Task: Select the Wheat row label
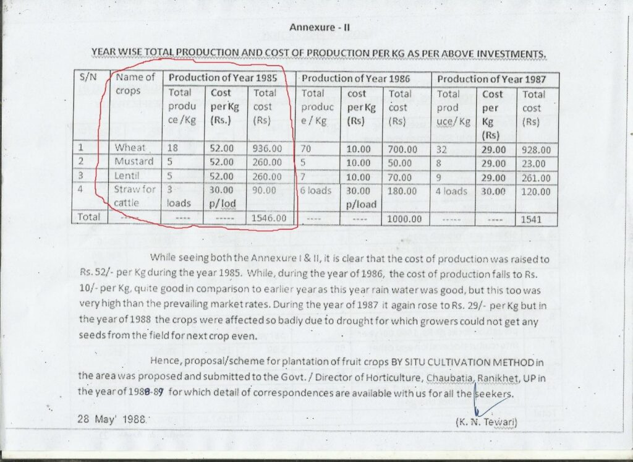(x=130, y=148)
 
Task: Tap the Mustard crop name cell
(x=134, y=161)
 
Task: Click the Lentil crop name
(x=129, y=176)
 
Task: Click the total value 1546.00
(x=268, y=218)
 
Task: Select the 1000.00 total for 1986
(x=404, y=219)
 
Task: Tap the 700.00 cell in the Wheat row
(x=403, y=150)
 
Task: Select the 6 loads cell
(x=316, y=191)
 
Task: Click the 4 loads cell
(x=451, y=192)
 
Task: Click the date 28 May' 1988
(x=111, y=418)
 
